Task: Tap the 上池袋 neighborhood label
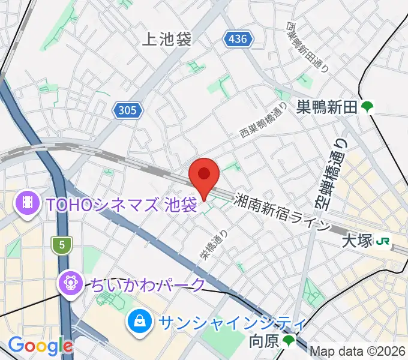pos(167,40)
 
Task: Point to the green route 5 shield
pos(61,244)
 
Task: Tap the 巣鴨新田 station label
pos(327,107)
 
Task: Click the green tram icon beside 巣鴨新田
pos(367,107)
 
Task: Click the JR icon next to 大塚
pos(382,242)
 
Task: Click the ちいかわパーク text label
pos(149,284)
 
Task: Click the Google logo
pos(40,346)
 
